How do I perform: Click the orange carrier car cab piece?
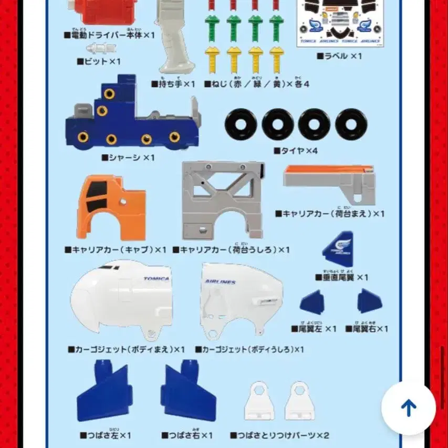(111, 209)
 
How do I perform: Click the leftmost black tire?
(241, 125)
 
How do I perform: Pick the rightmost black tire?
(351, 125)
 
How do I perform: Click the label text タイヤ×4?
(296, 151)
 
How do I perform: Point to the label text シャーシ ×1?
(128, 157)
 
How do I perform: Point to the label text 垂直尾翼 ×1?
(342, 277)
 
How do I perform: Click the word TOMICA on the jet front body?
(156, 279)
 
